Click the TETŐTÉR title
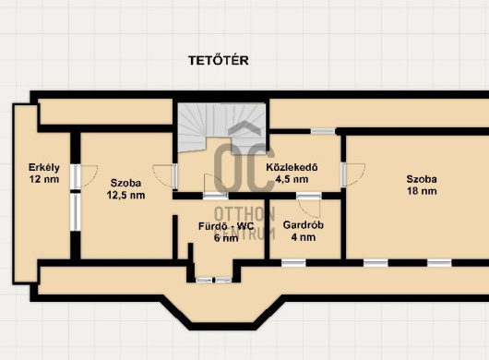pos(219,60)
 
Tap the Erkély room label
pos(44,167)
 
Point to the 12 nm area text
pos(44,179)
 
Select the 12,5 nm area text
pos(125,196)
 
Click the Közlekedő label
pos(292,167)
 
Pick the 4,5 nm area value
pos(292,179)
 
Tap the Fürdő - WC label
pos(226,226)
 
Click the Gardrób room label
pos(304,225)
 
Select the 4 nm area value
pos(304,237)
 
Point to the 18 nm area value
pos(422,191)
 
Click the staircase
pos(221,127)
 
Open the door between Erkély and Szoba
pos(84,176)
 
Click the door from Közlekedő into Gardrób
pos(309,205)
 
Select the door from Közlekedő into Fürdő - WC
pos(215,186)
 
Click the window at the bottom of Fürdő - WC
pos(214,280)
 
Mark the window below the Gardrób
pos(293,263)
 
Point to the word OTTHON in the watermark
pos(244,214)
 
